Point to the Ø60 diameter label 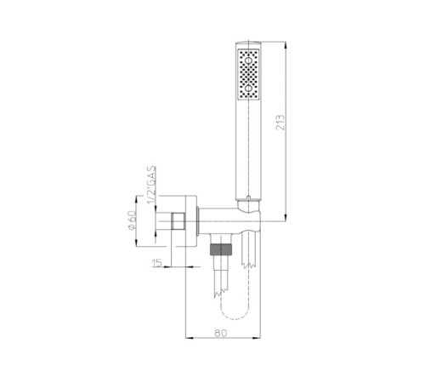(132, 223)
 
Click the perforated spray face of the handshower (251, 77)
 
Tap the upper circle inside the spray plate (251, 62)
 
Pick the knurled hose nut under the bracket (219, 251)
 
